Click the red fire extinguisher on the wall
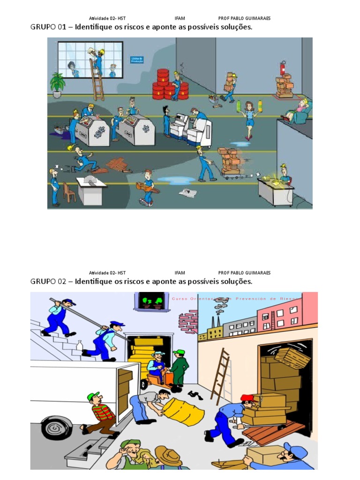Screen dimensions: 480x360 [x=283, y=67]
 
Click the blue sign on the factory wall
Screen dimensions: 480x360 [x=137, y=60]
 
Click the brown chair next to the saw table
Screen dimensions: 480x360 [x=69, y=192]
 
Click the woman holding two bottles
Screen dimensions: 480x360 [x=249, y=117]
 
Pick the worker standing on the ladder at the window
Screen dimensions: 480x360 [x=98, y=61]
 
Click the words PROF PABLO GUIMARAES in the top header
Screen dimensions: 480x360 [x=244, y=18]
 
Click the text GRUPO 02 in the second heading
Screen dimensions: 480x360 [x=50, y=281]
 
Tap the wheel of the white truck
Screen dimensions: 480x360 [x=57, y=427]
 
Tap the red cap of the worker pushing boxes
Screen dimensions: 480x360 [x=247, y=398]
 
